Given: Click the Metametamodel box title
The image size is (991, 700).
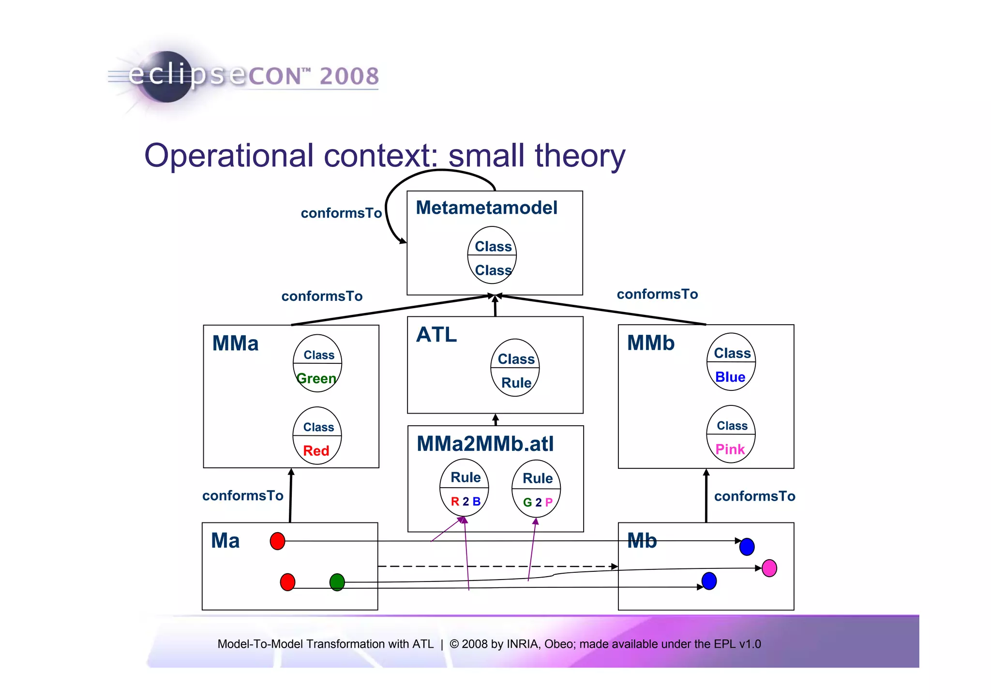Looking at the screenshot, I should point(486,208).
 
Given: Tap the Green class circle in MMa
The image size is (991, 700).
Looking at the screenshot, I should point(317,363).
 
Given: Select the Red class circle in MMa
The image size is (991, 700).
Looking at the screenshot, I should point(317,436).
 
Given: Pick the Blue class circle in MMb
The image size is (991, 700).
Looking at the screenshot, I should point(731,362).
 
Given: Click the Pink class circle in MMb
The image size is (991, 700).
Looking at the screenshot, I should point(731,434).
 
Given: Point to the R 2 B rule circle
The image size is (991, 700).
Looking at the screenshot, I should point(465,488).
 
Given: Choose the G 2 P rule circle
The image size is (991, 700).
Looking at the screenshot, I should point(536,489).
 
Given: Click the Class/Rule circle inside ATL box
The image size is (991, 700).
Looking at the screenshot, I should point(515,368).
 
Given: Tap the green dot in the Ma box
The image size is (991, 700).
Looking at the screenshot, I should point(337,582).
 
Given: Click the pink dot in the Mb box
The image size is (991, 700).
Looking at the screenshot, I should point(769,568).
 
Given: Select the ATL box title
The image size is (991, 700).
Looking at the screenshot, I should point(436,335).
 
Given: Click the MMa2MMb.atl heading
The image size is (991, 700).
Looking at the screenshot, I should point(485,444).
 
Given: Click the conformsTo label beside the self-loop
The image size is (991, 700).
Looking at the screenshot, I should point(341,213).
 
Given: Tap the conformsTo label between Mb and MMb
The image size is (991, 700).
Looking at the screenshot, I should point(754,496).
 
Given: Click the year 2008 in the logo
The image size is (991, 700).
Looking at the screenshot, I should point(349,76).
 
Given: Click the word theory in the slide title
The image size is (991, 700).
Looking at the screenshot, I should point(580,156).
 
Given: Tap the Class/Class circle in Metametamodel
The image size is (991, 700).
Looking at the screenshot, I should point(492,255).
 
